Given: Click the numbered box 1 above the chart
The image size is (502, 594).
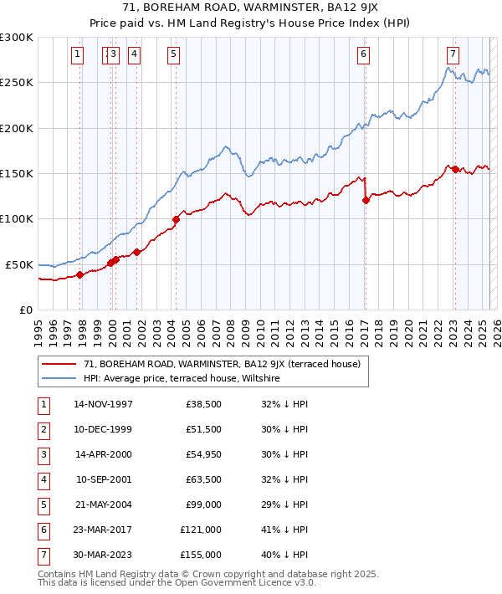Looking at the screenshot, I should point(77,55).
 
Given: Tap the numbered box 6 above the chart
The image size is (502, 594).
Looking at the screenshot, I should point(364,55).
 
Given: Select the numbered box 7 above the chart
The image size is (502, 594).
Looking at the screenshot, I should point(453,55).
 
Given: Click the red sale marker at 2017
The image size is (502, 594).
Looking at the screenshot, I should point(366,200).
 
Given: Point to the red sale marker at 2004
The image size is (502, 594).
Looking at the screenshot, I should point(176,220).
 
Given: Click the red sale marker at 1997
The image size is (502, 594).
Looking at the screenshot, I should point(79,274).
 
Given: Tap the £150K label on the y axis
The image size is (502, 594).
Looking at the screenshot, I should point(17,173).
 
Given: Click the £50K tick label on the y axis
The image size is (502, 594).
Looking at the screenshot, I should point(19,264).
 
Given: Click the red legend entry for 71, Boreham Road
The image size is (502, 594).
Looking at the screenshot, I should point(222,364).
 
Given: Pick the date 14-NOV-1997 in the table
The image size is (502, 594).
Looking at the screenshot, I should point(103,404).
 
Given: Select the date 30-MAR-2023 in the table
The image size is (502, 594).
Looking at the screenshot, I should point(103,555).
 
